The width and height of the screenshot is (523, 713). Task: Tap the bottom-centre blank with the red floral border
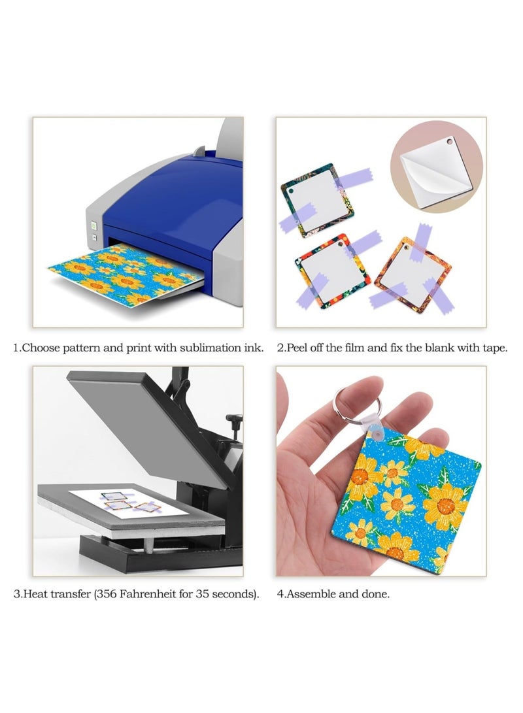tap(332, 272)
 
